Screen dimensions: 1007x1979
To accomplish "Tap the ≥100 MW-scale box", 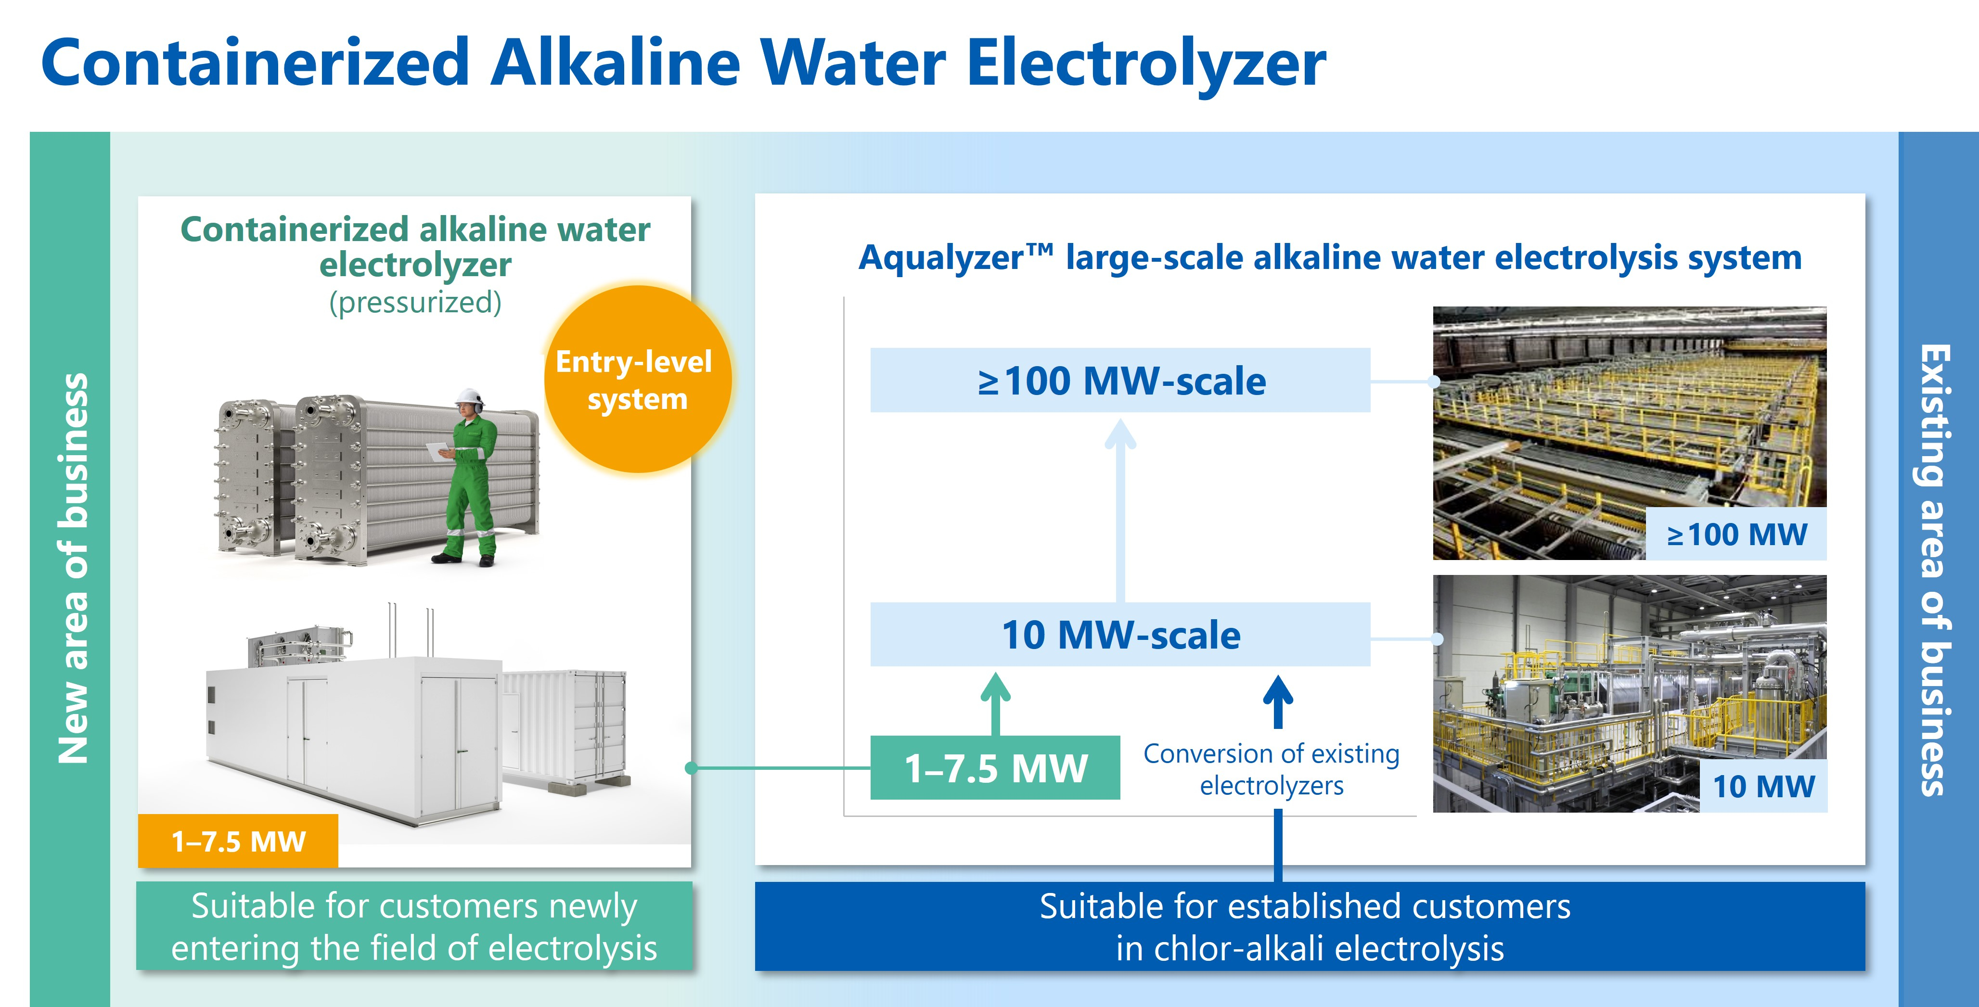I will click(1119, 380).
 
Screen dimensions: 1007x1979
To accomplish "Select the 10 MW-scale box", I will click(1119, 635).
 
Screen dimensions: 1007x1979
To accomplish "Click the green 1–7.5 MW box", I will click(995, 768).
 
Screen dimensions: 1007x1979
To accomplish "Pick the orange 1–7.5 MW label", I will click(238, 841).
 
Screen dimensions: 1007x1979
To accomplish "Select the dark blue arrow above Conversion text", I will click(1278, 700).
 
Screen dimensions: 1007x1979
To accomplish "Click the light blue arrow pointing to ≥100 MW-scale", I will click(1120, 507).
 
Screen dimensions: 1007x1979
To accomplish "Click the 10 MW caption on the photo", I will click(1763, 786).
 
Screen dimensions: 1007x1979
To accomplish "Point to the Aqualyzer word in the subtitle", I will click(941, 258).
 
